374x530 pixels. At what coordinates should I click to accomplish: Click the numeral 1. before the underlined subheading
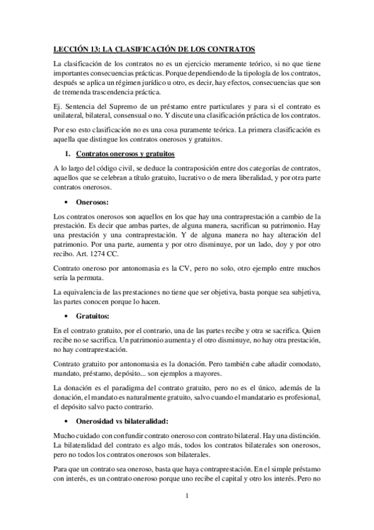point(68,154)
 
